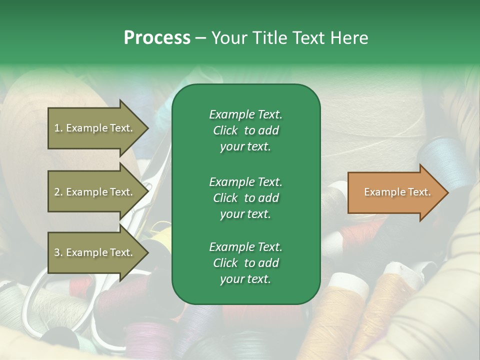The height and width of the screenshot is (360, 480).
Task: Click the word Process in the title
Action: (157, 38)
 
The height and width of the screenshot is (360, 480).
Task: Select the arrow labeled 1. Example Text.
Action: (95, 128)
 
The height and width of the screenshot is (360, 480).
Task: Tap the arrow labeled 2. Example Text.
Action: (95, 192)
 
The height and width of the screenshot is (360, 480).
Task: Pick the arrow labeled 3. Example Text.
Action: (95, 252)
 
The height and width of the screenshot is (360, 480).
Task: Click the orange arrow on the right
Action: (395, 192)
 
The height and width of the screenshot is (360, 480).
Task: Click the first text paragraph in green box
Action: (245, 130)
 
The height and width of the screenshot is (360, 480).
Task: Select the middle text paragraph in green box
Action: (245, 198)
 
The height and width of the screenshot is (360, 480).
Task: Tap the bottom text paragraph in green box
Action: (245, 263)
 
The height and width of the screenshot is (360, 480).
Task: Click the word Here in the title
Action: (349, 38)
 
